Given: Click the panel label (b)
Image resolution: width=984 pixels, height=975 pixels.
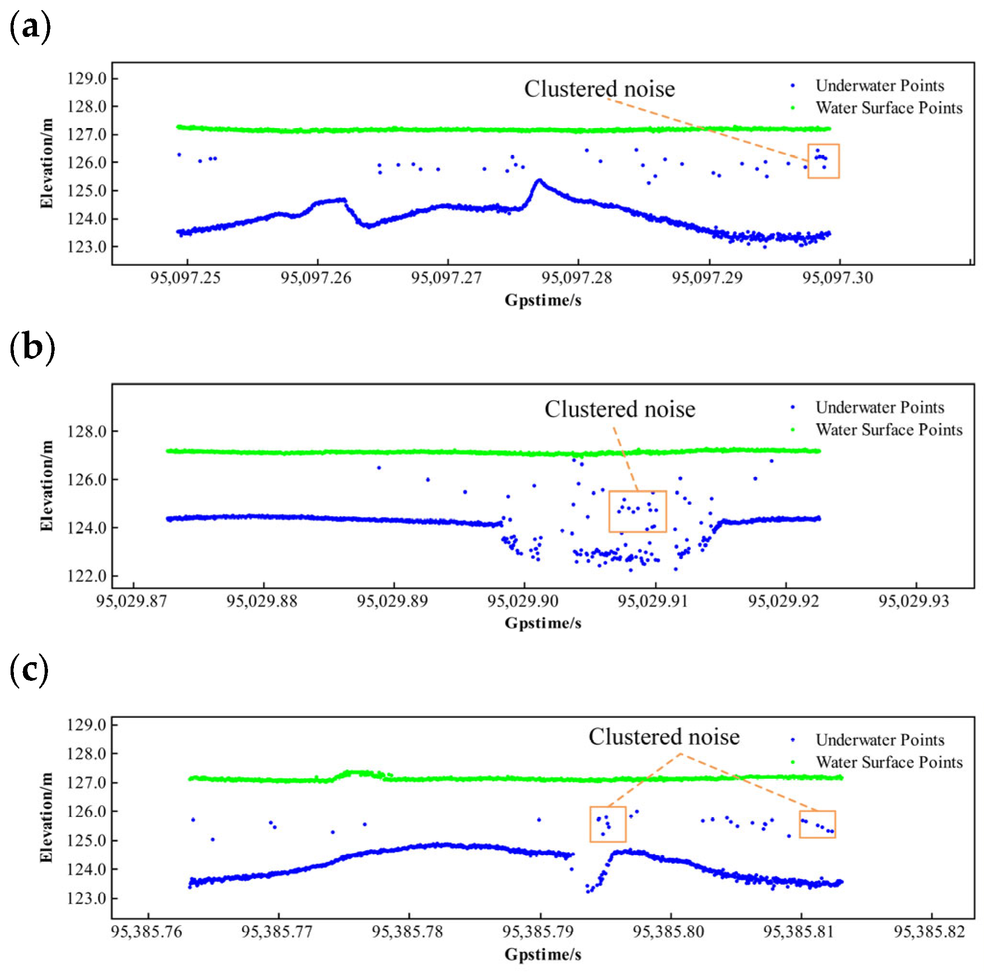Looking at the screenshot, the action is [32, 348].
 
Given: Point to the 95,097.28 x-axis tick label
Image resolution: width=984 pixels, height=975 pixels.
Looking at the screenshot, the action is [577, 278].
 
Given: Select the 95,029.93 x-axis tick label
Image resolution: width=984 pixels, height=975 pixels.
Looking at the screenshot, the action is [914, 601].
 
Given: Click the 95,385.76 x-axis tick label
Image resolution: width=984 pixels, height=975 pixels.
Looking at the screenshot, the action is [146, 932].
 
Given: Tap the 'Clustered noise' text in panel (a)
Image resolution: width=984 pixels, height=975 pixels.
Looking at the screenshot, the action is [599, 89].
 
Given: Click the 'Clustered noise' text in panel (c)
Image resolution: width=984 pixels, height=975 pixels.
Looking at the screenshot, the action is [664, 737].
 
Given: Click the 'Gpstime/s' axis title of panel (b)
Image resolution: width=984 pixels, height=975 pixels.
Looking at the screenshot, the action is [543, 623].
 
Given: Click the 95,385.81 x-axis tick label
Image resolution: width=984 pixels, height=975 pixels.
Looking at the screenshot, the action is [800, 932].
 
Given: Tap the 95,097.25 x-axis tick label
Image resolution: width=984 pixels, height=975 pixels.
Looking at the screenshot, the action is [185, 278].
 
